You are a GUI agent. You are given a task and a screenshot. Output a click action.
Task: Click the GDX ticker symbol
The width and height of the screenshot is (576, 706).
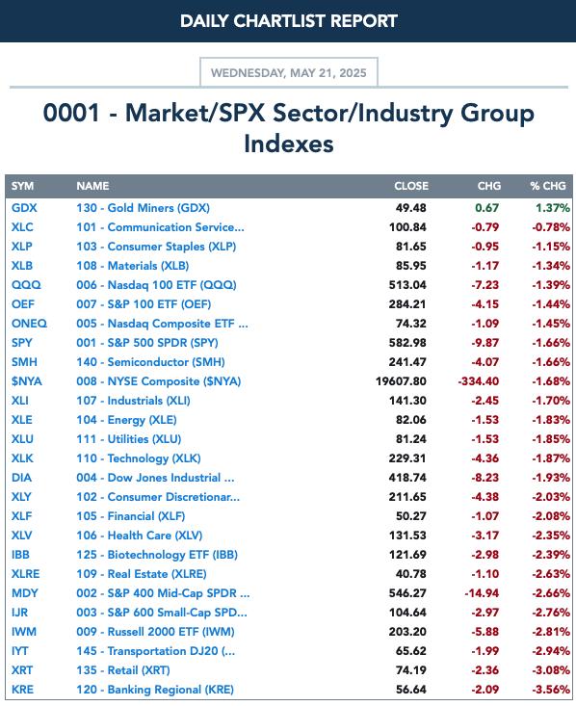[24, 208]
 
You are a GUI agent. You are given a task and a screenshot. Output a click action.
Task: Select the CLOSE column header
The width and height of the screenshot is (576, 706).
[411, 186]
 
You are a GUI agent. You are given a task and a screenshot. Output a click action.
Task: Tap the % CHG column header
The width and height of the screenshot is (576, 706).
[548, 186]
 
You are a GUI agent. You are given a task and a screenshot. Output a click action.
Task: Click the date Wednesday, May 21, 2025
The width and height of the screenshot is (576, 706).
[289, 73]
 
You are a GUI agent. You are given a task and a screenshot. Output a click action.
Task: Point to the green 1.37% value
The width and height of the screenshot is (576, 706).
[553, 208]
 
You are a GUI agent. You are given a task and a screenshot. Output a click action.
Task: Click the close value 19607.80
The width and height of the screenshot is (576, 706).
[401, 381]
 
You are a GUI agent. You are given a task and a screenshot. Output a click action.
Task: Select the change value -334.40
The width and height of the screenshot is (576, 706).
[479, 381]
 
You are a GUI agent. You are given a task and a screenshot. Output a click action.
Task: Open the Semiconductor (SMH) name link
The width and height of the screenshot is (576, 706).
[150, 362]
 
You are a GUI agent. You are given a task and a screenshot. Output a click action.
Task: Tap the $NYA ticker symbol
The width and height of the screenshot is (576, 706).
[27, 381]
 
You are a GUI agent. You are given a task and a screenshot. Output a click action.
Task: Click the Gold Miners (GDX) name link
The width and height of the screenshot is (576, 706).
[144, 208]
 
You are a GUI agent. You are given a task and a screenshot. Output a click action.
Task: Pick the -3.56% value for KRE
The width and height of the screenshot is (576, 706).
[551, 690]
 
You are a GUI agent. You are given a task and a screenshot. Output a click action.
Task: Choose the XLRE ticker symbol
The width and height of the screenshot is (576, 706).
[26, 574]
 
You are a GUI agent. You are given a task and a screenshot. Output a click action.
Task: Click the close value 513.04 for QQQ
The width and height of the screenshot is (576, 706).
[407, 285]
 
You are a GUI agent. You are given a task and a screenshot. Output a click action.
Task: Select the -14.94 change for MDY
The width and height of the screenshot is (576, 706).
[482, 593]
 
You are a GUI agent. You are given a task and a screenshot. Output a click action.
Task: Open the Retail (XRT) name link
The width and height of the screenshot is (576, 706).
[123, 670]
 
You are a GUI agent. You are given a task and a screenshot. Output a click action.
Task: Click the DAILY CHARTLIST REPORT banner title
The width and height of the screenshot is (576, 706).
[289, 21]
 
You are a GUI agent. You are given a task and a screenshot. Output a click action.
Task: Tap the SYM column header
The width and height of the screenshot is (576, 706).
[22, 186]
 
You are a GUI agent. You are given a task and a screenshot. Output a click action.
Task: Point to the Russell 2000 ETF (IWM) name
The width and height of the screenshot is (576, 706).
[155, 632]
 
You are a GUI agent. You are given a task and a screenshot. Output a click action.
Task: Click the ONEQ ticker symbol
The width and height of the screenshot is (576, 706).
[29, 324]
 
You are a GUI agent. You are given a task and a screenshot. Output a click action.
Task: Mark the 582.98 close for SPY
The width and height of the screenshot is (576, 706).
[407, 343]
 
